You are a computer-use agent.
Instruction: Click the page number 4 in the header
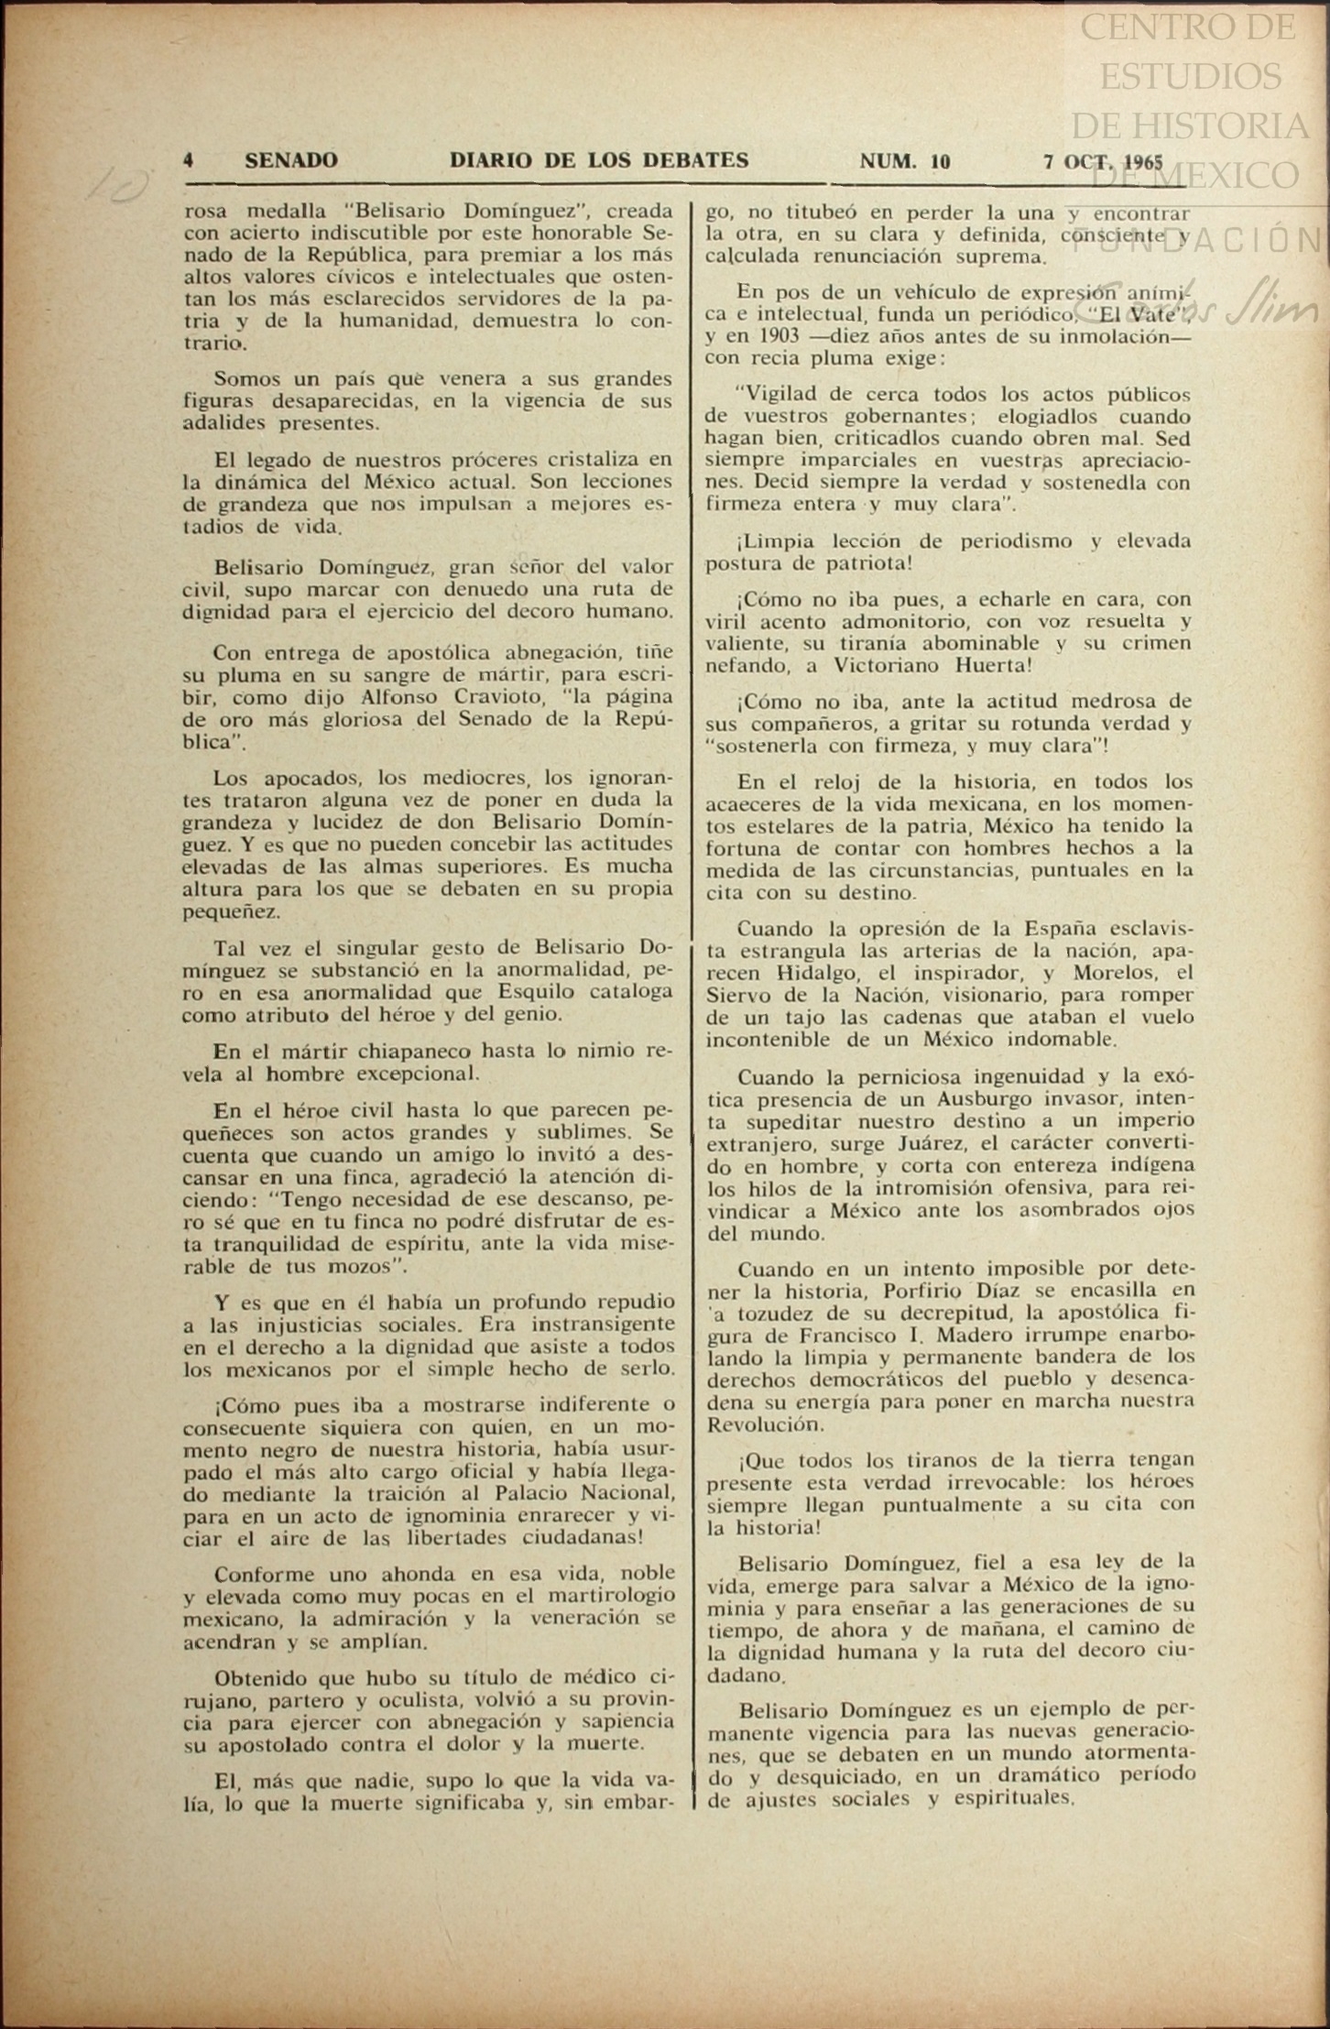(188, 160)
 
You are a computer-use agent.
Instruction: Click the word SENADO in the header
(291, 160)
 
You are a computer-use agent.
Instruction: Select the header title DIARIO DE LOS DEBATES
(599, 160)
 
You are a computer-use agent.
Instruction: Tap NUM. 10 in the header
(905, 162)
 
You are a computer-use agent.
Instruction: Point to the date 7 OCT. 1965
(1103, 162)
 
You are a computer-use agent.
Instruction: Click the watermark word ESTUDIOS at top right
(1190, 76)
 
